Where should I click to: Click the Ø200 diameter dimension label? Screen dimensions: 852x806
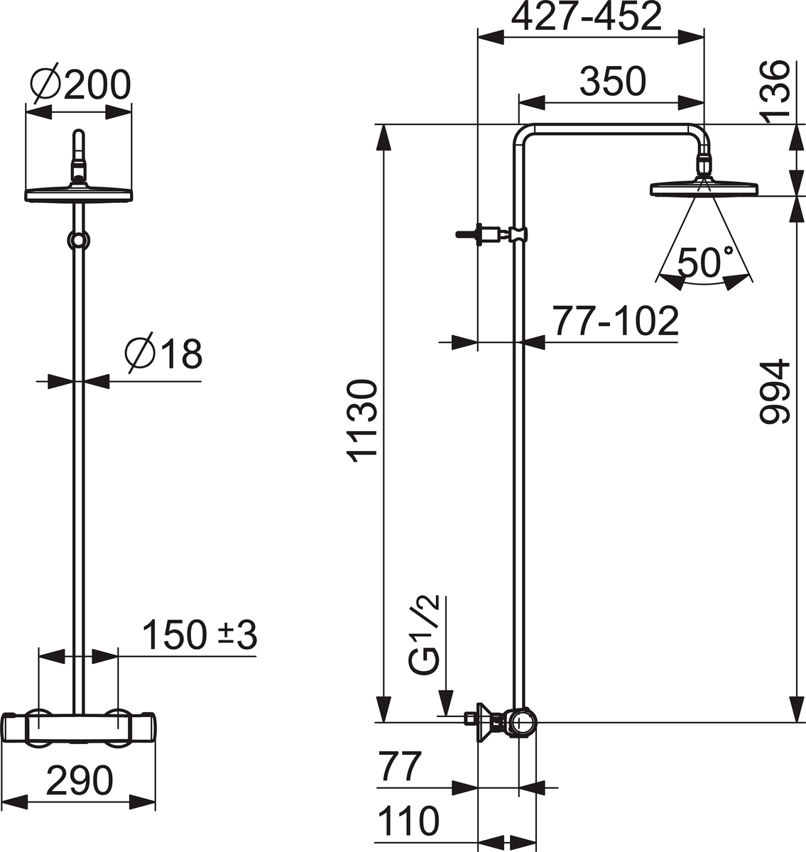click(80, 86)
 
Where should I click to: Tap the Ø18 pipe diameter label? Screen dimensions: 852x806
click(163, 353)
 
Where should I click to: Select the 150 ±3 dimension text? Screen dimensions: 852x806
click(199, 634)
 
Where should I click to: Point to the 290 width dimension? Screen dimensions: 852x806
click(80, 780)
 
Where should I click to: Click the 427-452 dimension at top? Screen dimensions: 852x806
click(587, 17)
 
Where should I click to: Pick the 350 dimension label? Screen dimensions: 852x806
click(611, 82)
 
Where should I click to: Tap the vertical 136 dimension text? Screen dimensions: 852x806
click(777, 89)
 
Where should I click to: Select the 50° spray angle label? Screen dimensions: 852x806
click(699, 263)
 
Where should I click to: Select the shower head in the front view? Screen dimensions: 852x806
click(78, 192)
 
